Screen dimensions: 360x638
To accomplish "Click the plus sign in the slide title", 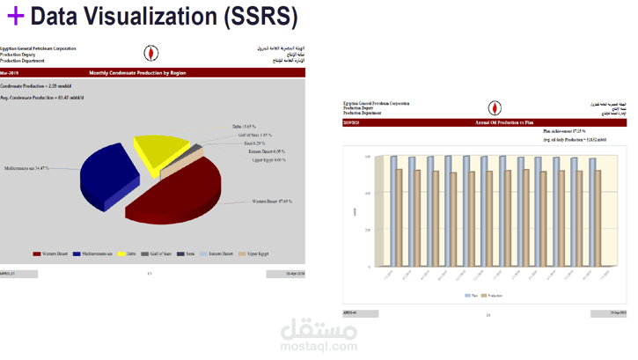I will click(14, 17).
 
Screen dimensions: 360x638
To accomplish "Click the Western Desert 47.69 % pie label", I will click(273, 202).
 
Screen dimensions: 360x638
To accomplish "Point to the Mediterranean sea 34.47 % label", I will click(26, 168).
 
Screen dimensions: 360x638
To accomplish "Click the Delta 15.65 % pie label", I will click(244, 127).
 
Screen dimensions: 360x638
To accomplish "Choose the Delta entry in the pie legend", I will click(128, 253).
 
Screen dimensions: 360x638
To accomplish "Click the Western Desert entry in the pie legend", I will click(50, 253).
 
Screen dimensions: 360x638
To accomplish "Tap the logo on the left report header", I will click(151, 55).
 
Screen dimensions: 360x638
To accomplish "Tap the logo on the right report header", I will click(495, 108).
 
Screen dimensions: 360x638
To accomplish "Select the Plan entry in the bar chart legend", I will click(471, 296).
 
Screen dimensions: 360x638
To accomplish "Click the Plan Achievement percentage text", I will click(564, 131).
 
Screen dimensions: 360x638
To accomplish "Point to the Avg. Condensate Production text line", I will click(42, 98).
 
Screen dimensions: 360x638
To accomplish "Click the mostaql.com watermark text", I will click(319, 347).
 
